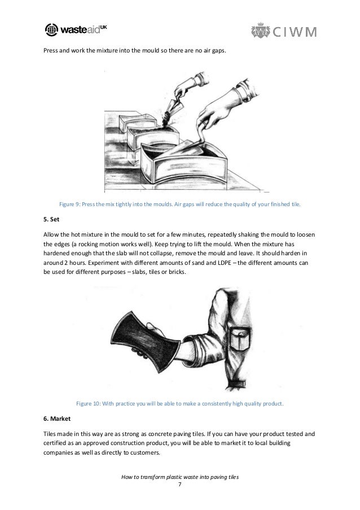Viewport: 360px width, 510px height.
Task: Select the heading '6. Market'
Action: [57, 419]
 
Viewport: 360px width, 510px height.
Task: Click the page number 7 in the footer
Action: [180, 485]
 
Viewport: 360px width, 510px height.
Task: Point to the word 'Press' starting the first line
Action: [51, 50]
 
